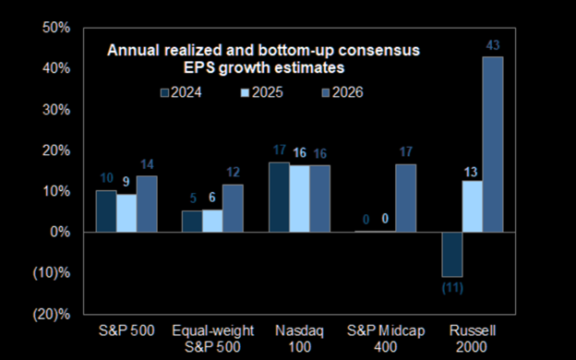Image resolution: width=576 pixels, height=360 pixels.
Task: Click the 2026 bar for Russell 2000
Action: click(493, 144)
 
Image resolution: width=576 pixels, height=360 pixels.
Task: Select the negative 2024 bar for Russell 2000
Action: click(452, 254)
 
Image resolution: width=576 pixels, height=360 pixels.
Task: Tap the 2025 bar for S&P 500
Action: click(126, 213)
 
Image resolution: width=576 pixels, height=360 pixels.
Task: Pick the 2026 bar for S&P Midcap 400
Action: click(406, 198)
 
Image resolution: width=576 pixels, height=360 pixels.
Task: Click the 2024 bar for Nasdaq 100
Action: click(279, 197)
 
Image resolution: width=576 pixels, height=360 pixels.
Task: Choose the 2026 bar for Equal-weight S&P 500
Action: click(233, 209)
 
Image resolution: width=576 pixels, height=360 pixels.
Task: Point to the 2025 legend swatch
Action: click(245, 92)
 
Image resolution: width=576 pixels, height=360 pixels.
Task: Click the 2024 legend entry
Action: click(181, 92)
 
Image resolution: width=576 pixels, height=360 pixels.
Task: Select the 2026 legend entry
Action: click(342, 92)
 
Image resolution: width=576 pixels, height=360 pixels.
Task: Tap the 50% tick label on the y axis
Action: click(56, 28)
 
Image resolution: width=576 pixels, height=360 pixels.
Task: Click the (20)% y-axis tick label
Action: click(52, 314)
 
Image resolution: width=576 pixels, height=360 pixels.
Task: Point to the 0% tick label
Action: click(60, 233)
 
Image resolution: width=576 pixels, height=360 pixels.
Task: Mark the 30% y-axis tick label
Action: click(56, 110)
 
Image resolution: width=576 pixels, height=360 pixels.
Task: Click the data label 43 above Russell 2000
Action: click(493, 45)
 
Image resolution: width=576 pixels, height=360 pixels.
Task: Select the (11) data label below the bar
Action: click(452, 288)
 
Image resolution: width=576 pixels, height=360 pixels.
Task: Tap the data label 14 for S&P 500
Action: click(147, 164)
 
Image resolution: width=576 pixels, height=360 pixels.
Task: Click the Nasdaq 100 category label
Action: click(299, 339)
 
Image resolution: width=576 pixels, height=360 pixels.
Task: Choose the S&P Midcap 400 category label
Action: click(386, 339)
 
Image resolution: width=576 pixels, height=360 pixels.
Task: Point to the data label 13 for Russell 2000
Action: click(471, 173)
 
